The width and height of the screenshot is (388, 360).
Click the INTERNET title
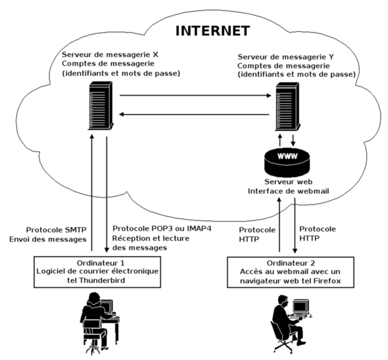pyautogui.click(x=212, y=31)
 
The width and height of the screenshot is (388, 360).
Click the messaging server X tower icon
pyautogui.click(x=100, y=106)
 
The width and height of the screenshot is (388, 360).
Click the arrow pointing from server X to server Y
pyautogui.click(x=194, y=96)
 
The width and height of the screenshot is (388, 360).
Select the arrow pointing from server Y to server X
pyautogui.click(x=194, y=114)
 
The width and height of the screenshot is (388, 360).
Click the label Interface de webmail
pyautogui.click(x=288, y=190)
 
